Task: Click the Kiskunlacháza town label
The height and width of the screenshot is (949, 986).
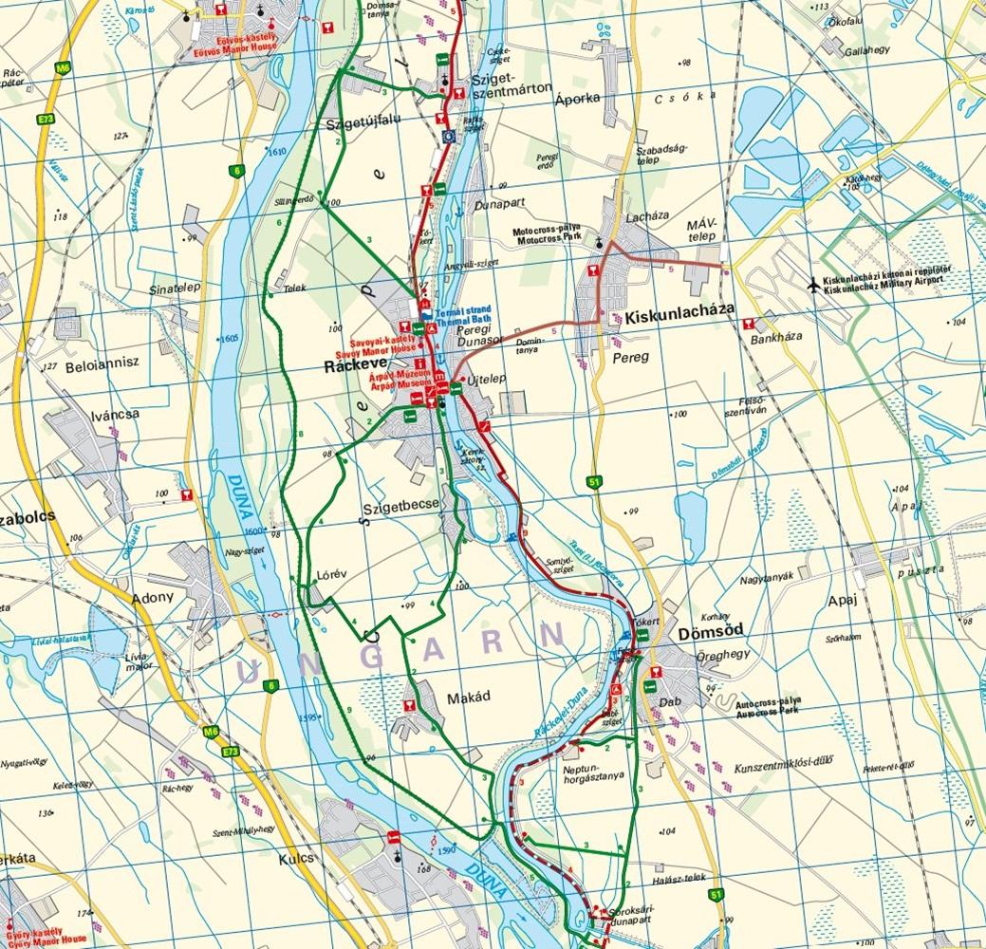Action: point(679,318)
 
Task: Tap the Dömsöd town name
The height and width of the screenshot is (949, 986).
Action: point(711,631)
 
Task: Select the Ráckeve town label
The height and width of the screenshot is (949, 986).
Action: point(351,364)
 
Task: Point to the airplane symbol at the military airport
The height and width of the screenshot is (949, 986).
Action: point(812,284)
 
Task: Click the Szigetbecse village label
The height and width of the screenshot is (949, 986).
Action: point(400,506)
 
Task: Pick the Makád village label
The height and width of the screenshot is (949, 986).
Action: point(467,697)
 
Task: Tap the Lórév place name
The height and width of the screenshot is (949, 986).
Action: point(327,575)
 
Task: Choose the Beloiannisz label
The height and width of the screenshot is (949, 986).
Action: point(102,362)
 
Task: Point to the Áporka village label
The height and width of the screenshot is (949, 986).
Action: point(578,97)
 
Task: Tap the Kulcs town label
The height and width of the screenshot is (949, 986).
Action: point(297,857)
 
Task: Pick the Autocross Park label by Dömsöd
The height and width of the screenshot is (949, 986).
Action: point(769,711)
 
